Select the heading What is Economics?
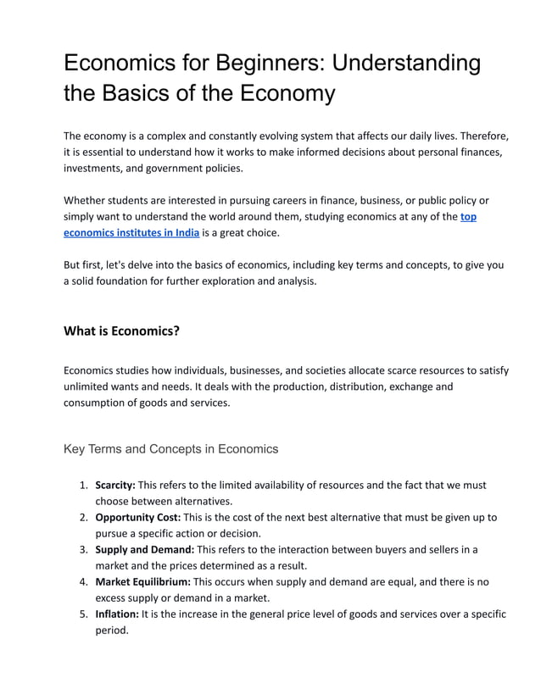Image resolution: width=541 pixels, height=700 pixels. click(x=121, y=331)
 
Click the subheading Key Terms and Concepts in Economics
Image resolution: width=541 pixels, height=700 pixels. click(x=170, y=448)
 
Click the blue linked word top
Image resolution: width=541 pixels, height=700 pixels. click(x=468, y=216)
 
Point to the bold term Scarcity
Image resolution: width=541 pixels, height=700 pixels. click(x=114, y=486)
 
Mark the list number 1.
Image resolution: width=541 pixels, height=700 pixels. click(x=83, y=486)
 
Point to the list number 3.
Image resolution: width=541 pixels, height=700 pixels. click(x=83, y=549)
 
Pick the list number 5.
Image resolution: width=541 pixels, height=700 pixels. click(x=83, y=614)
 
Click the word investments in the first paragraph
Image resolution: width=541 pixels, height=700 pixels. click(x=96, y=168)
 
